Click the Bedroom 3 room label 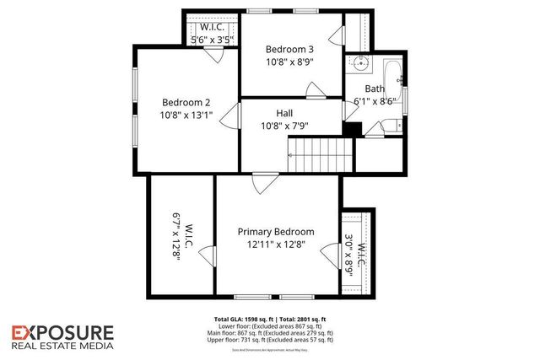(290, 48)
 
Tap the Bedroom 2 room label (186, 101)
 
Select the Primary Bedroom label (275, 232)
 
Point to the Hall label (284, 112)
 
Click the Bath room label (375, 89)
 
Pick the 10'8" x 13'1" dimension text (187, 115)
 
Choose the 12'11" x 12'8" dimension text (275, 245)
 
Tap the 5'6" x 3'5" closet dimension (210, 40)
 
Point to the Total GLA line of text (270, 320)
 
